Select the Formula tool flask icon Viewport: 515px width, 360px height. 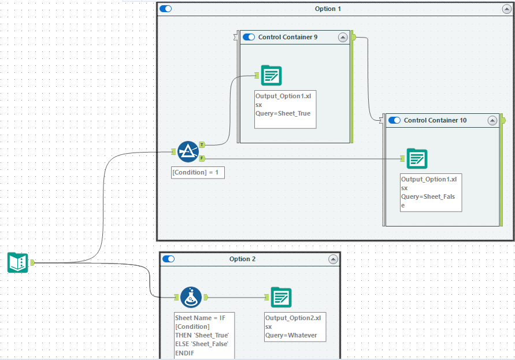pos(191,297)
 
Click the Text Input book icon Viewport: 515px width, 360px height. pos(17,262)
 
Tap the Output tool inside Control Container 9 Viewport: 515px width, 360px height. pos(271,75)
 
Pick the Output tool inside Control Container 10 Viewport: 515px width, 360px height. pos(417,158)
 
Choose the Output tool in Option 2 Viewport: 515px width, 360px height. pos(281,297)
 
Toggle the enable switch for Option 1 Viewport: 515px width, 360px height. pos(166,9)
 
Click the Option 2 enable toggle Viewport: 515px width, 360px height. pos(169,259)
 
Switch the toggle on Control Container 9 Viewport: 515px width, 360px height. pos(249,37)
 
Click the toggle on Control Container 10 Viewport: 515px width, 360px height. pos(395,120)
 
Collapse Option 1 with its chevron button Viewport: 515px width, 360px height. pos(506,9)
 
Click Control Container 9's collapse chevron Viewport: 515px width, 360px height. pos(343,37)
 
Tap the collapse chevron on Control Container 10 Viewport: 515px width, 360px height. pos(492,120)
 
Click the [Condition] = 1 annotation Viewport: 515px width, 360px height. pos(198,172)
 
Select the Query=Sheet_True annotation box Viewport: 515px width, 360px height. pos(285,109)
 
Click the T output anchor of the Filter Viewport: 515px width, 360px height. pos(202,144)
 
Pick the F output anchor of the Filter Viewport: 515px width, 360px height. pos(202,158)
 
